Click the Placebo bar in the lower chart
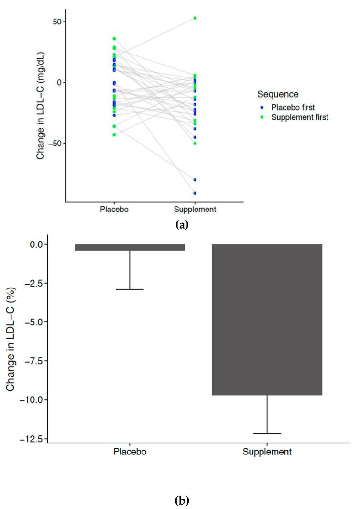tap(130, 247)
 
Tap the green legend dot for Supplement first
tap(262, 117)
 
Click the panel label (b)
tap(181, 500)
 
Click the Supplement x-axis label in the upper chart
tap(195, 210)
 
